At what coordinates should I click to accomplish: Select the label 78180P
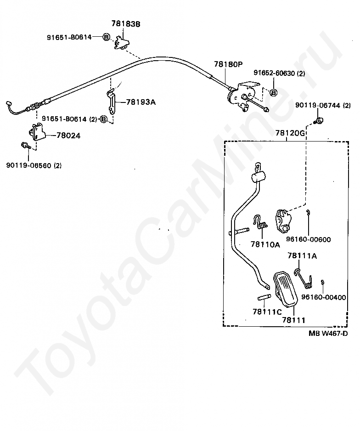(227, 65)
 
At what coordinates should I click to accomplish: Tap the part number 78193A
(141, 102)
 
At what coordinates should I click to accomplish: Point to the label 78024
(69, 136)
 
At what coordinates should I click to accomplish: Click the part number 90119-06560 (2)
(34, 165)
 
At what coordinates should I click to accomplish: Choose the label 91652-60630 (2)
(279, 73)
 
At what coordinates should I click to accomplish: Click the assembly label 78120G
(290, 134)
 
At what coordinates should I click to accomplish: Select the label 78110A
(265, 245)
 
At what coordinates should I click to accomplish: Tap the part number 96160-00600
(308, 239)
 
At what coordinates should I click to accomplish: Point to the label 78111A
(302, 256)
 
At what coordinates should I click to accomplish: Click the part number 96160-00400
(324, 297)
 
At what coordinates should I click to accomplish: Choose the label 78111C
(266, 312)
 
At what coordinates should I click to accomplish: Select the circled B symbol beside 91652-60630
(273, 93)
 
